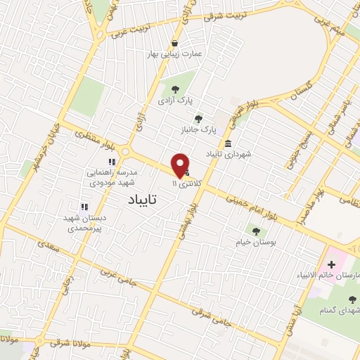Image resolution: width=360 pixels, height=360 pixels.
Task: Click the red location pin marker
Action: click(180, 165)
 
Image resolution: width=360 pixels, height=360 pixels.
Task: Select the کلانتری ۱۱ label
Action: click(186, 183)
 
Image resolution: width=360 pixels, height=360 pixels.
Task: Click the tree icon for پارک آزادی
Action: click(174, 89)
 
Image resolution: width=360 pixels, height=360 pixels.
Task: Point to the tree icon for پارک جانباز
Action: click(198, 119)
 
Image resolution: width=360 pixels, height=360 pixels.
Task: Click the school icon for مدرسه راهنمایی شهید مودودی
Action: click(111, 162)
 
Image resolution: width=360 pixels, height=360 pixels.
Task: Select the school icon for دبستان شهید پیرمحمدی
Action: click(84, 207)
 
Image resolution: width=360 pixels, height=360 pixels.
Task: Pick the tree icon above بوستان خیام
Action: click(255, 230)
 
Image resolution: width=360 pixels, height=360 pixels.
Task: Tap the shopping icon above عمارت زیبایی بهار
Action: click(174, 43)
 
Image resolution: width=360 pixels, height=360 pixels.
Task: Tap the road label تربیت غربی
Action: click(125, 31)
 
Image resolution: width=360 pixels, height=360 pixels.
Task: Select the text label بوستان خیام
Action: click(255, 241)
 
